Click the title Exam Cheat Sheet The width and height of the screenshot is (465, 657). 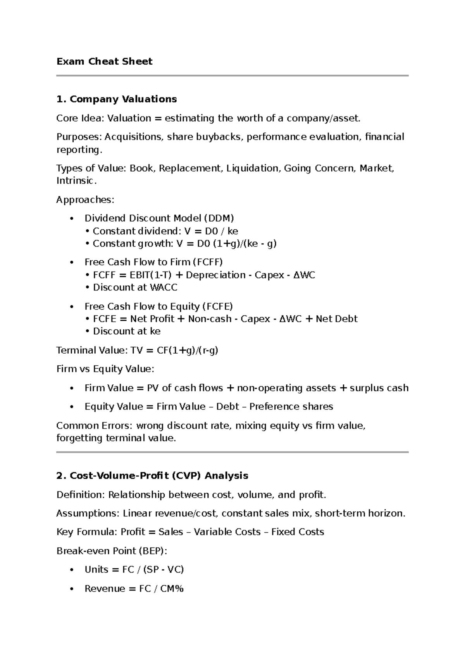(104, 61)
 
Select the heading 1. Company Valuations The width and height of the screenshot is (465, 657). (116, 99)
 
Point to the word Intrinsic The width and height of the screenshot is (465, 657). (76, 181)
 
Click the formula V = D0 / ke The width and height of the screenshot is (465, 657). (211, 231)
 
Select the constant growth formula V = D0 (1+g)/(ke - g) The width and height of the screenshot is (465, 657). (226, 244)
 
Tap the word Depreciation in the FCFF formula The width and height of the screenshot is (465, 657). (216, 275)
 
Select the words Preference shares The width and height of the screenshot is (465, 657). (291, 406)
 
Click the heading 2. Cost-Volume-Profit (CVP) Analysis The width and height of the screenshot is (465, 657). (152, 476)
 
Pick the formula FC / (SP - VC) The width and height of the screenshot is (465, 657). (153, 569)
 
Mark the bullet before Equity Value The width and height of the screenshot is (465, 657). (71, 407)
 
